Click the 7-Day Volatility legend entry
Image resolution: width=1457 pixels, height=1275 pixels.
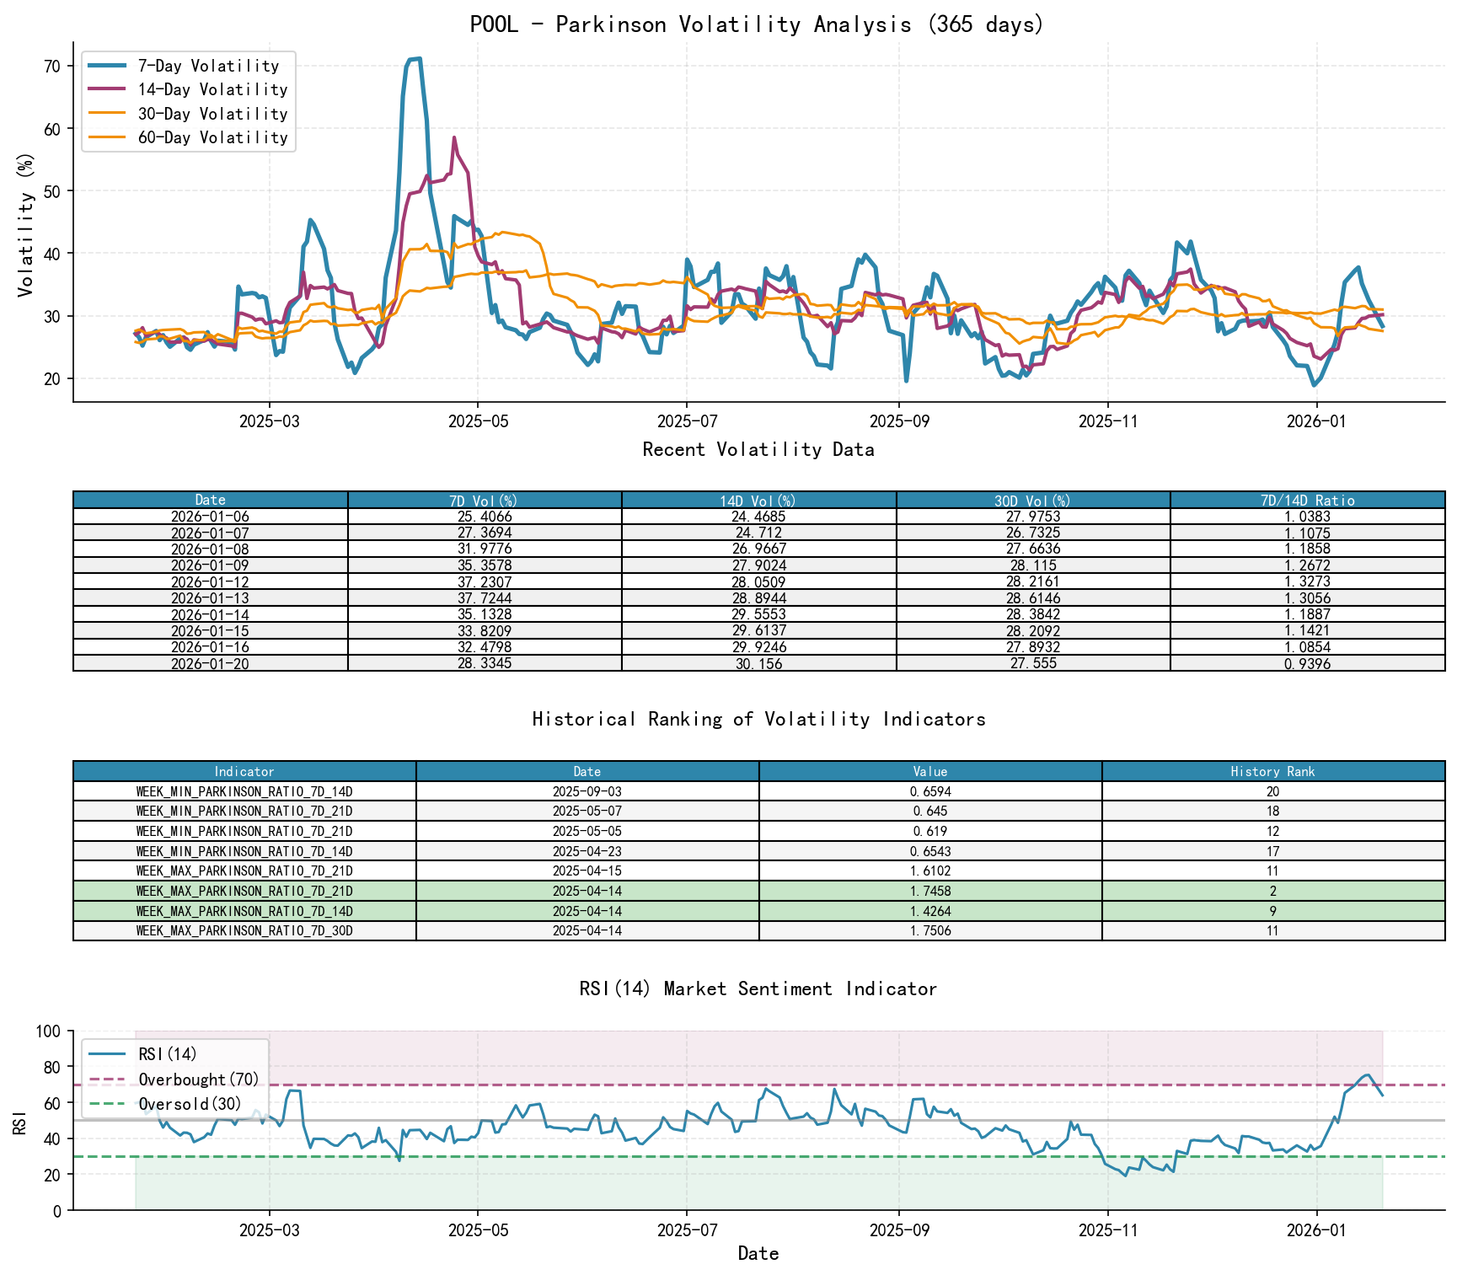click(x=208, y=66)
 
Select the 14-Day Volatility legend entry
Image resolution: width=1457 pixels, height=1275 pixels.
click(x=212, y=89)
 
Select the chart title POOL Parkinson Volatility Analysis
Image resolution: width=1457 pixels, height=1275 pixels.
click(x=757, y=24)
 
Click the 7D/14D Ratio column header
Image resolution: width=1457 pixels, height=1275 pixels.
click(x=1307, y=501)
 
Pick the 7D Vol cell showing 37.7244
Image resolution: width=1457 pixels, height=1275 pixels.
click(x=485, y=598)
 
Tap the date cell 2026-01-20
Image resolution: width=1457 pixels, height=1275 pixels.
click(x=210, y=664)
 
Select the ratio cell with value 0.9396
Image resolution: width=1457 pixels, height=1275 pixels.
click(x=1307, y=664)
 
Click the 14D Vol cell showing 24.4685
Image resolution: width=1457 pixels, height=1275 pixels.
click(x=758, y=517)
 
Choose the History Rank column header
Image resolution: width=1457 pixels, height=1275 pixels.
click(x=1272, y=772)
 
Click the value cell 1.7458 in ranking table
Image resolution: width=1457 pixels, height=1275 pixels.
click(x=930, y=892)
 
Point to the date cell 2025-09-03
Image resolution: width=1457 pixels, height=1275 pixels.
click(x=587, y=792)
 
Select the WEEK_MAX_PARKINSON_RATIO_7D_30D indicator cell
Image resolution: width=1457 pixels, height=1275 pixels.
click(x=244, y=931)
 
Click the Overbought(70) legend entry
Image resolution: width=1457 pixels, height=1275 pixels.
click(x=199, y=1079)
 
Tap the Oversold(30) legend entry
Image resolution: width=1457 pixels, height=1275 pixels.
click(x=190, y=1104)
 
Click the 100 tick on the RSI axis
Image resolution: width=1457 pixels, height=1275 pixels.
click(x=48, y=1031)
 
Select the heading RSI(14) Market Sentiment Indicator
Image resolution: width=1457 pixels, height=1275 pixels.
click(x=757, y=988)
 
